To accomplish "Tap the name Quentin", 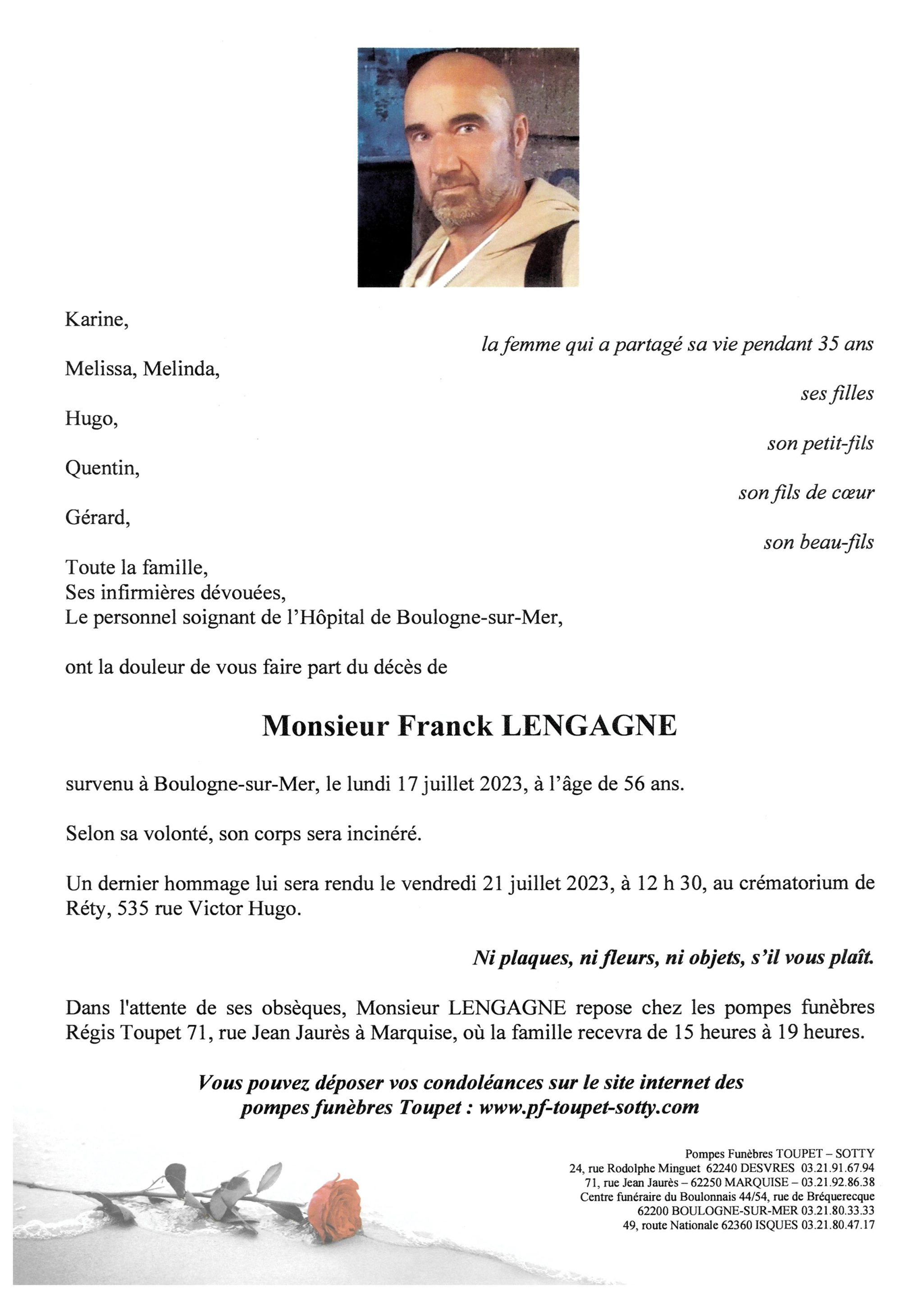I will [x=102, y=469].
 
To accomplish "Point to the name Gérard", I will [x=97, y=518].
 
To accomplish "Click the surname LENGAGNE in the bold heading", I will [x=589, y=727].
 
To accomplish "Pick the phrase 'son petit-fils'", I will [x=820, y=444].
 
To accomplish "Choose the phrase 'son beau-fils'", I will [x=818, y=543].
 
